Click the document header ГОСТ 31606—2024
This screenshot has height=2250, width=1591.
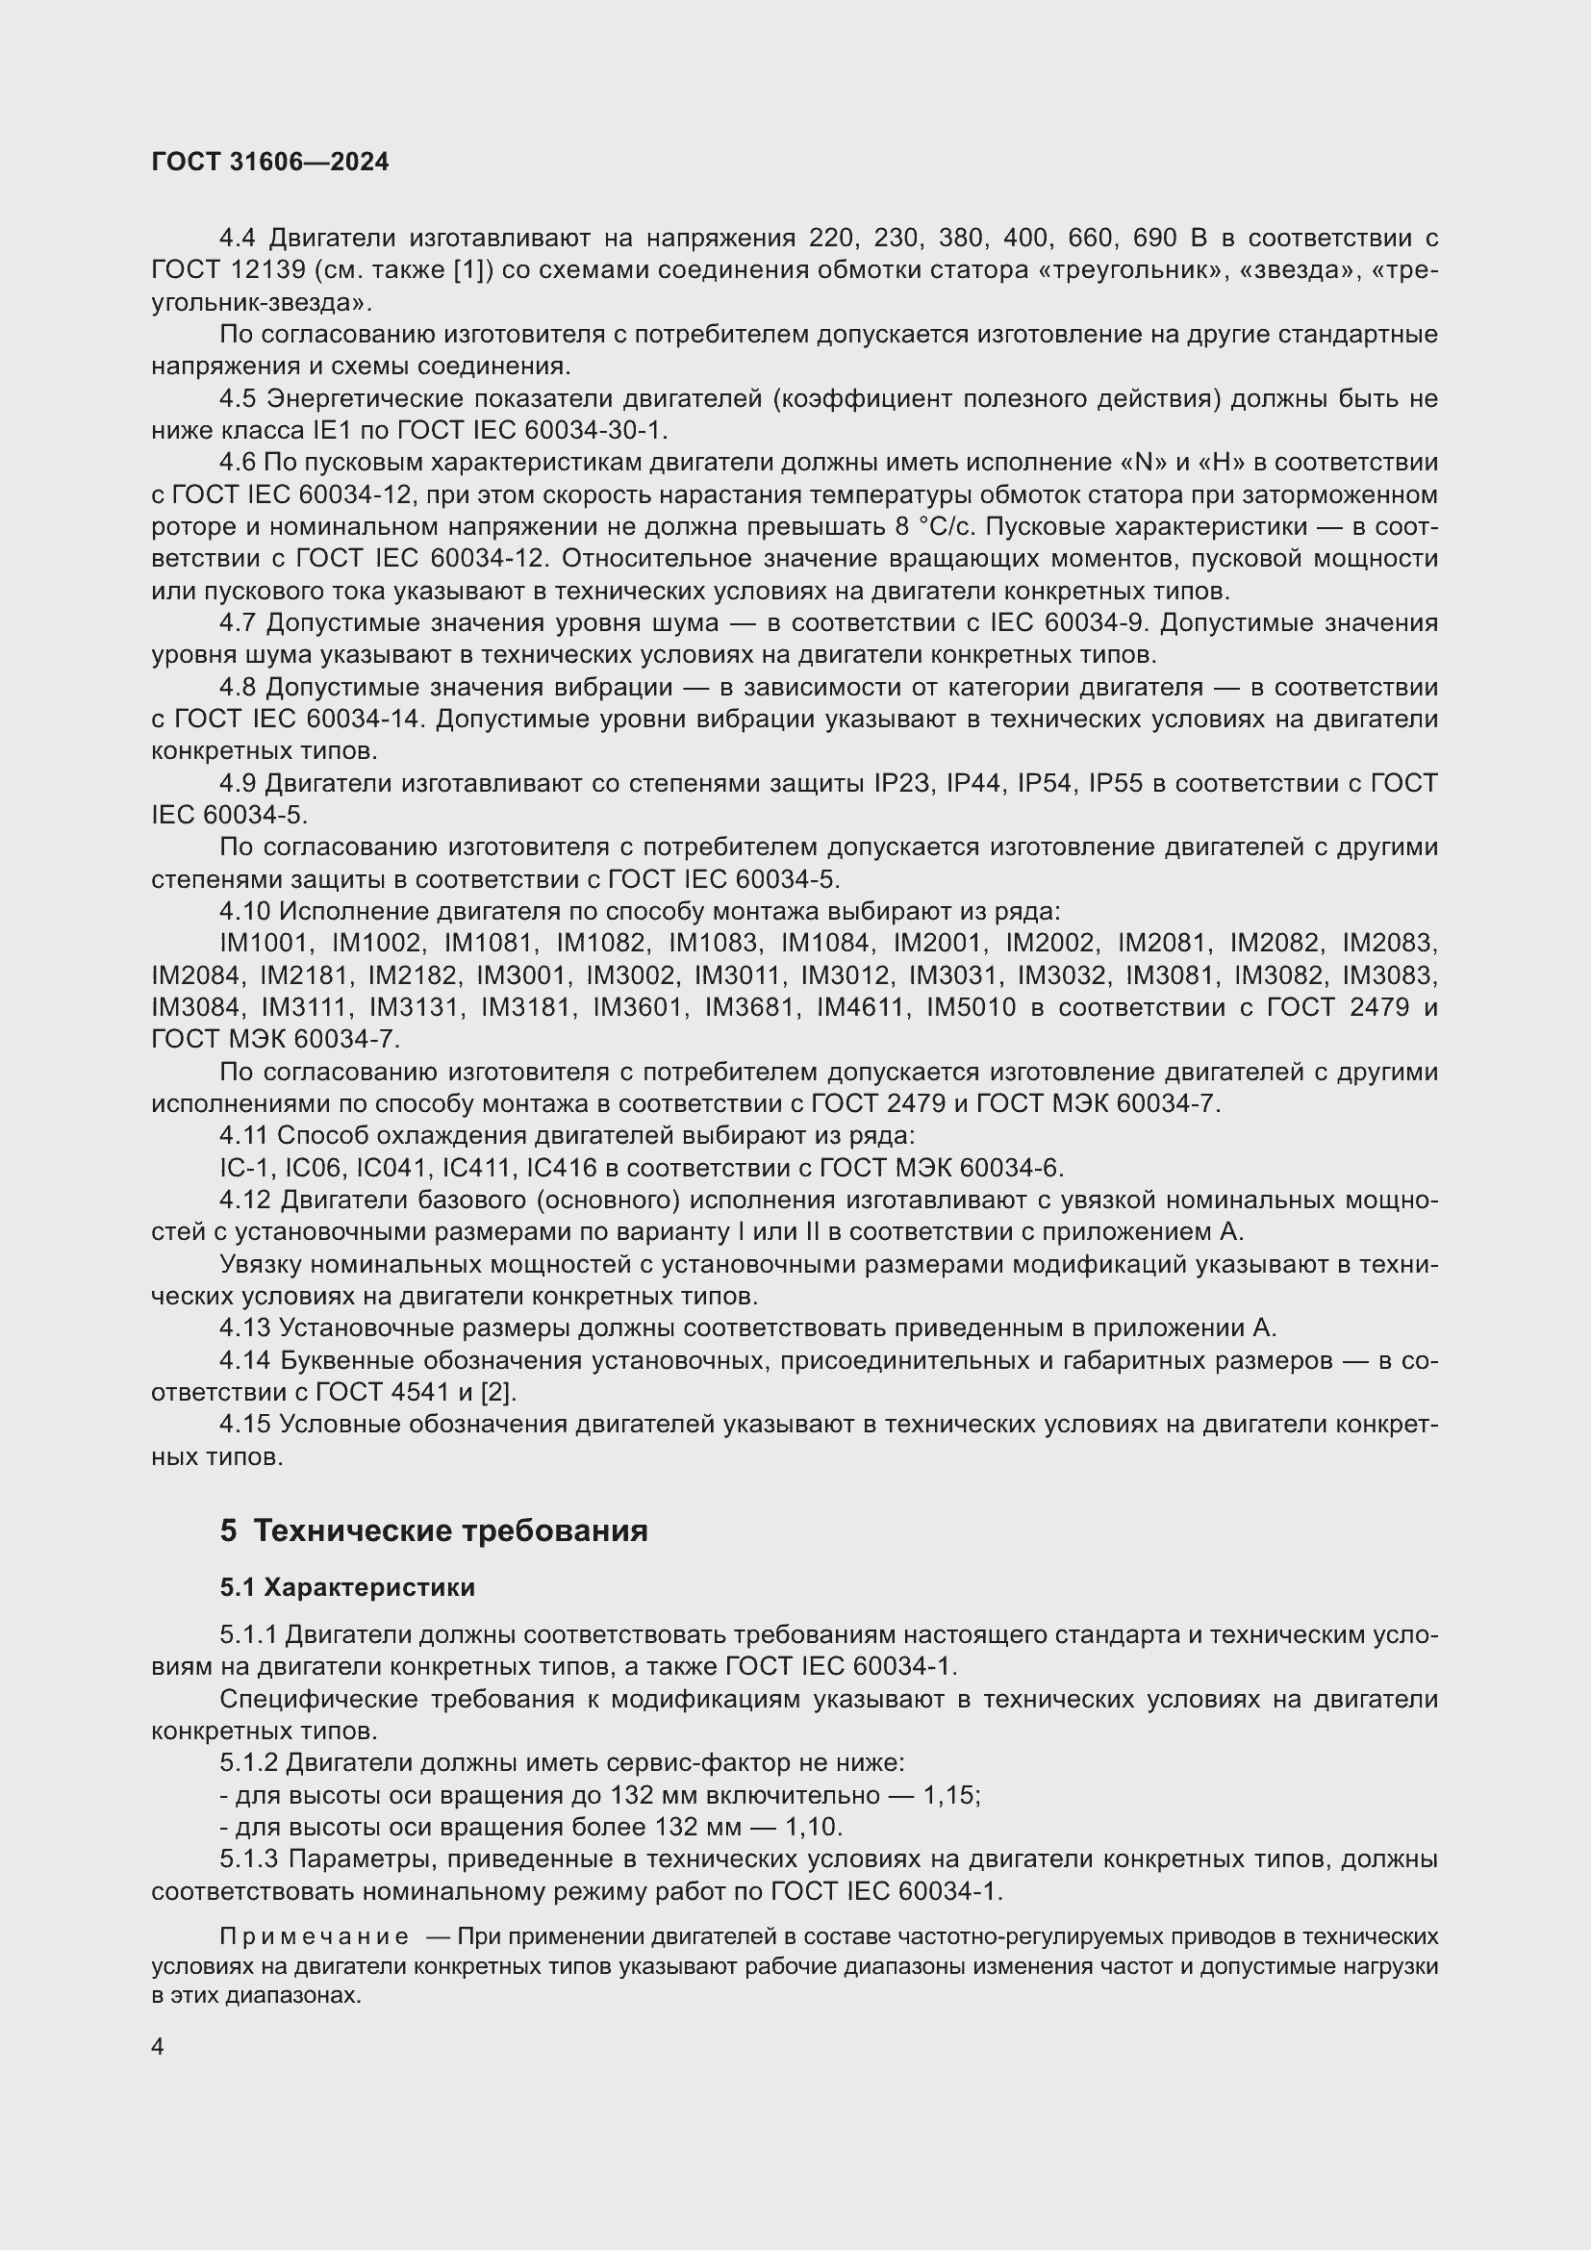pyautogui.click(x=270, y=162)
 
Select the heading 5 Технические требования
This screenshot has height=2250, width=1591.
pyautogui.click(x=434, y=1530)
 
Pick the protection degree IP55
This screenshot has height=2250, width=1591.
pyautogui.click(x=1116, y=784)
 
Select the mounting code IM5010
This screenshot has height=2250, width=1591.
pyautogui.click(x=971, y=1008)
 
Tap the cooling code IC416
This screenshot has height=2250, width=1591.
pyautogui.click(x=560, y=1168)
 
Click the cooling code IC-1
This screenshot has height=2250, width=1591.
pyautogui.click(x=246, y=1168)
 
